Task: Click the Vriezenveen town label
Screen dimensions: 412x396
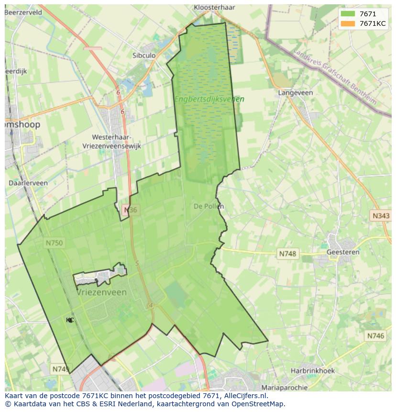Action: pyautogui.click(x=102, y=292)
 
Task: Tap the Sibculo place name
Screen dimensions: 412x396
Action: pyautogui.click(x=144, y=56)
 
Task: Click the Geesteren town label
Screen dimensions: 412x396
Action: pyautogui.click(x=342, y=252)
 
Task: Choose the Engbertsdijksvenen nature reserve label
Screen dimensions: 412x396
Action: pyautogui.click(x=209, y=99)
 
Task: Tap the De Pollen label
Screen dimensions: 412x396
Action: pyautogui.click(x=209, y=206)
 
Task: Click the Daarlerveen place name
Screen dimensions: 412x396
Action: pyautogui.click(x=28, y=183)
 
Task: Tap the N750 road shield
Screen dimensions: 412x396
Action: pyautogui.click(x=54, y=243)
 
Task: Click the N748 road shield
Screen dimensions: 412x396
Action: pyautogui.click(x=287, y=254)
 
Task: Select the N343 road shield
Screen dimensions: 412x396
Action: pyautogui.click(x=381, y=216)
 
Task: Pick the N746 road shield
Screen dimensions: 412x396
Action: pyautogui.click(x=375, y=336)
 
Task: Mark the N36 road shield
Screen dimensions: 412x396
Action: pyautogui.click(x=130, y=210)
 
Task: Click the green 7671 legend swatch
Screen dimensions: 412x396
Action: pyautogui.click(x=348, y=14)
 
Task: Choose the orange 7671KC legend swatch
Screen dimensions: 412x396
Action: pyautogui.click(x=348, y=23)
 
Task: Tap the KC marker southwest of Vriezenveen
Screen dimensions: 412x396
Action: pyautogui.click(x=70, y=320)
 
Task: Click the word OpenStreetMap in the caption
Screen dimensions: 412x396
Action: pyautogui.click(x=259, y=404)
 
